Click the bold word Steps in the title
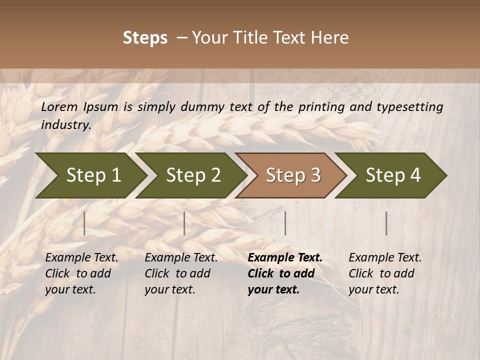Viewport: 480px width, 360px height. click(x=145, y=38)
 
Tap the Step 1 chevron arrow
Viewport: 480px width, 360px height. click(x=92, y=175)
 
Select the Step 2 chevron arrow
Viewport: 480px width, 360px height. click(x=192, y=175)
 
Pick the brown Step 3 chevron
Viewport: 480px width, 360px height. click(x=292, y=175)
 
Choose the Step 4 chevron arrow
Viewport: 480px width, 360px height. click(x=392, y=175)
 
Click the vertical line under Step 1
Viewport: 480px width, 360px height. click(x=84, y=223)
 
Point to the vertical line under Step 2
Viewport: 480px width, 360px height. click(x=184, y=223)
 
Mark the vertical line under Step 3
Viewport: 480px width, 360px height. click(x=285, y=223)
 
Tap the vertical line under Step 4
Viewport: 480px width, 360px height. click(x=386, y=223)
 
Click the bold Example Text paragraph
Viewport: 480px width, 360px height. click(x=284, y=273)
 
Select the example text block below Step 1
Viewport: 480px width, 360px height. click(x=81, y=273)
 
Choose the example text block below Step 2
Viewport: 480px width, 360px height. click(x=181, y=273)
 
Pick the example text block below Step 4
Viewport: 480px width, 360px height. click(x=385, y=273)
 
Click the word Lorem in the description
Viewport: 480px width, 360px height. click(x=59, y=106)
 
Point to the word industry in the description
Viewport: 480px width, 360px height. click(x=66, y=125)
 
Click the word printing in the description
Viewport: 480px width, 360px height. click(x=321, y=107)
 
